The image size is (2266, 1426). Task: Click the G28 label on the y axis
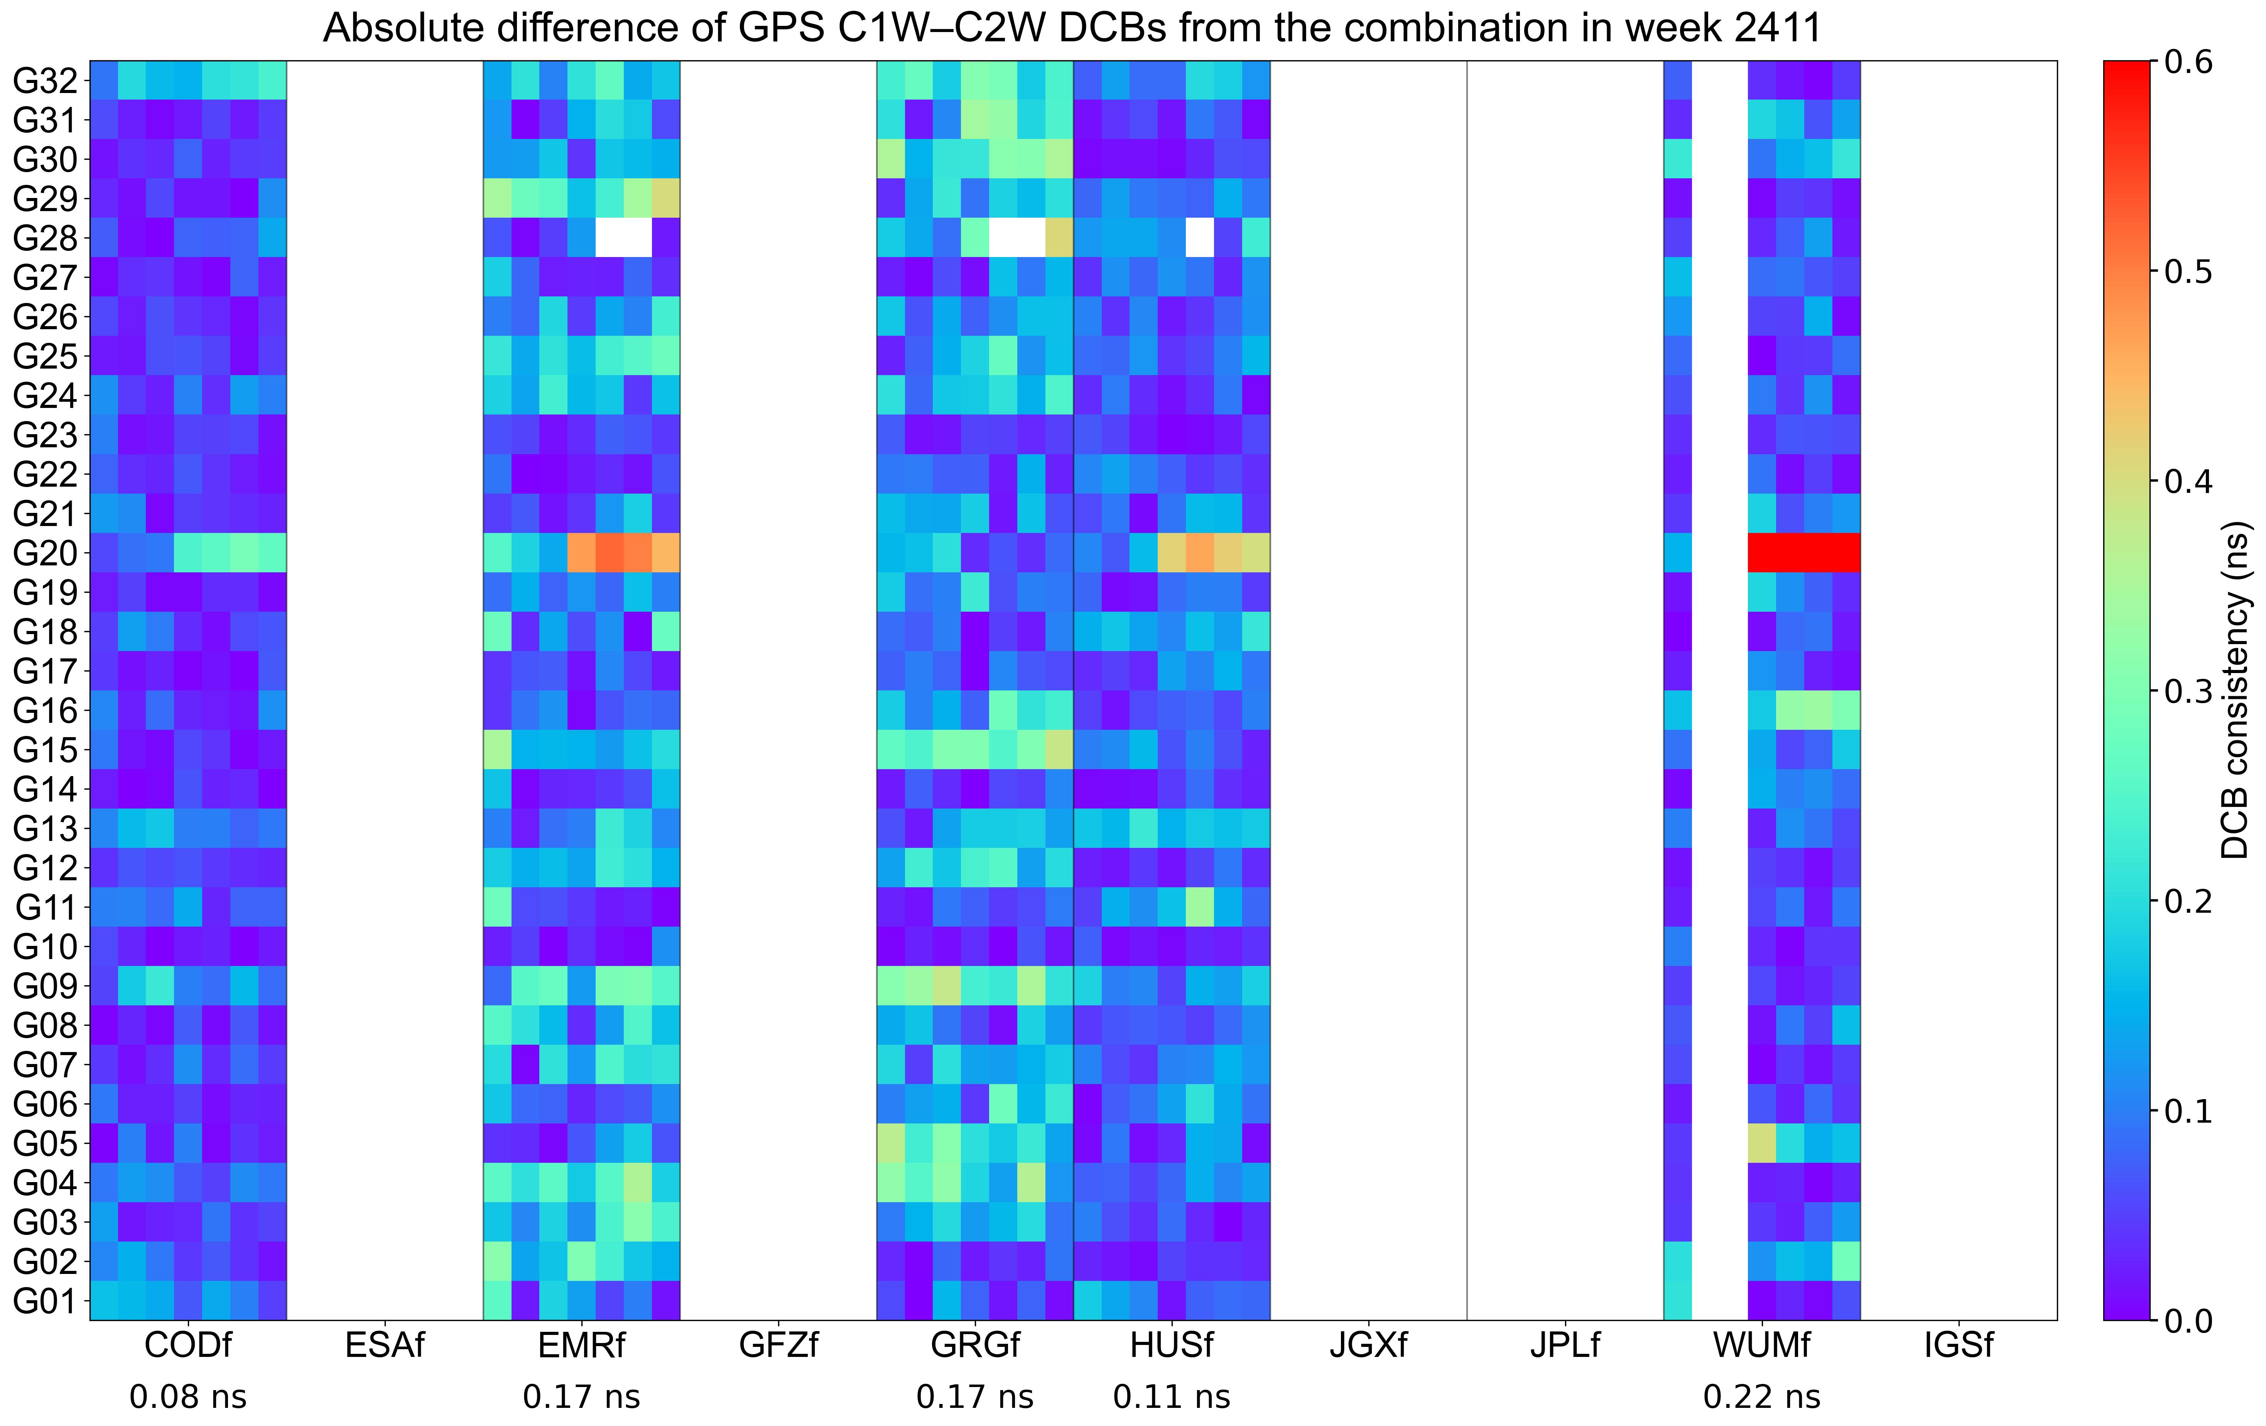[x=45, y=238]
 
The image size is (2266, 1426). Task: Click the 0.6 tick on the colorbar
[x=2188, y=62]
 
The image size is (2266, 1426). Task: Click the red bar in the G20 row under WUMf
[x=1803, y=553]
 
